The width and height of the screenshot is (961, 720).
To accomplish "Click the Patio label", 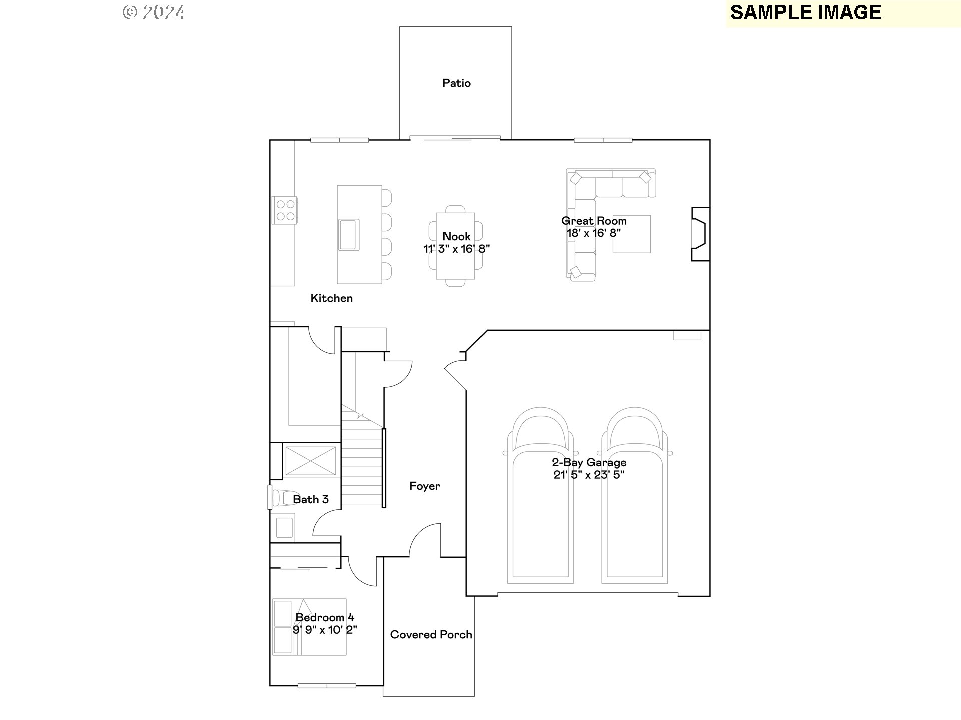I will click(456, 83).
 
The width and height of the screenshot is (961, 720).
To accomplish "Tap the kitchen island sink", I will click(349, 234).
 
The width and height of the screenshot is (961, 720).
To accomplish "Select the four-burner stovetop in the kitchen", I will click(285, 210).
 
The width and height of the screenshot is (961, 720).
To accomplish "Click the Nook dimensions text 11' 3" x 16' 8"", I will click(456, 249).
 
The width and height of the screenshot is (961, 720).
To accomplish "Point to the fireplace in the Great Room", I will click(700, 234).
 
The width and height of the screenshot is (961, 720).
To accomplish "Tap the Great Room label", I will click(594, 221).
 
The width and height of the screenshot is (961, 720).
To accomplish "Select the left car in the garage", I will click(540, 500).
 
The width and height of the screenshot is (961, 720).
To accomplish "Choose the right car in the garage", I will click(634, 500).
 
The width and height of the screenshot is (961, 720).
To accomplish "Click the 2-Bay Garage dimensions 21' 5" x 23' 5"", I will click(589, 475).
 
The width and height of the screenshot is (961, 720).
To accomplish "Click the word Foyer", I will click(425, 486).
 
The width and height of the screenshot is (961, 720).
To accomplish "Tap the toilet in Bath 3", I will click(280, 498).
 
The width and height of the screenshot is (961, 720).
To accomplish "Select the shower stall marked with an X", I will click(310, 461).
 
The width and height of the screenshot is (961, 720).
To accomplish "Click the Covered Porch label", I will click(431, 635).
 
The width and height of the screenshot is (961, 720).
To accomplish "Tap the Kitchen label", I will click(331, 298).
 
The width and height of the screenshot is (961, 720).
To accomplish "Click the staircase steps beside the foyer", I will click(361, 470).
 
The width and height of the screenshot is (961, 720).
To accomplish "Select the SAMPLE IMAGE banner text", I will click(805, 13).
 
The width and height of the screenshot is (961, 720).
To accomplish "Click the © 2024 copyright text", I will click(154, 13).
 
